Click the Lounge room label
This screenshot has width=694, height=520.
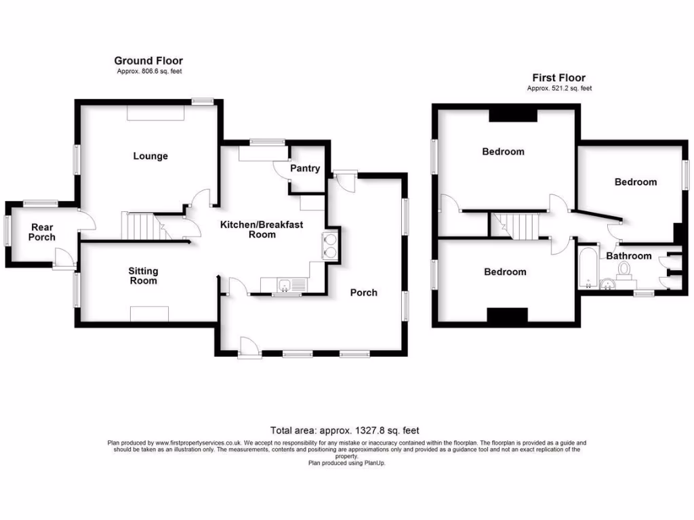click(x=150, y=156)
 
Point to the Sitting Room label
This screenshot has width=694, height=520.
click(x=143, y=276)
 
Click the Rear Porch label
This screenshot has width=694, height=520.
click(x=41, y=232)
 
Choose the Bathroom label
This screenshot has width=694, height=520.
click(x=628, y=256)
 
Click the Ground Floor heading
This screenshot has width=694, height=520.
click(x=148, y=61)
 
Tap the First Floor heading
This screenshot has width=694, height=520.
click(x=558, y=78)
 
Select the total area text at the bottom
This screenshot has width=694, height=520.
click(x=345, y=430)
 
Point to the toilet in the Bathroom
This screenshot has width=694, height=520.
click(x=624, y=270)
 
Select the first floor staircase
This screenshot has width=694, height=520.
click(x=520, y=225)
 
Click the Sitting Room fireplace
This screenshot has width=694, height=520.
click(x=149, y=313)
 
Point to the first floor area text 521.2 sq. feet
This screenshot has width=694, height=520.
click(x=559, y=88)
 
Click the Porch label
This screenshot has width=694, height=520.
click(x=363, y=292)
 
